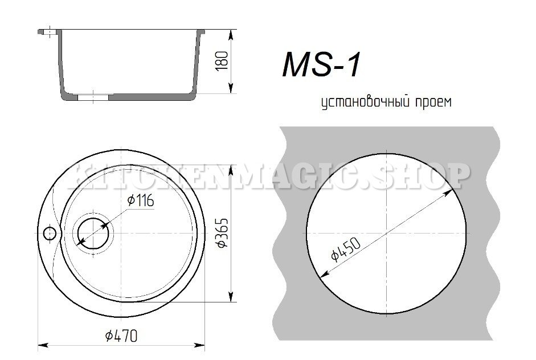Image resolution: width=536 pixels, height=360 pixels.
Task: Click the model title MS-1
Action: (x=321, y=64)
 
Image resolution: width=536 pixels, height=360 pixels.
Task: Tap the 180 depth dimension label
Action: (x=222, y=61)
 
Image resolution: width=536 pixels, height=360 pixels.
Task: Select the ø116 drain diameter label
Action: (x=141, y=201)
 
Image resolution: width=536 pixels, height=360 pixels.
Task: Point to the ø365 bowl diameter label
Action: (x=222, y=232)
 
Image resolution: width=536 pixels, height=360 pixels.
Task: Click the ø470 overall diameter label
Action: (x=121, y=336)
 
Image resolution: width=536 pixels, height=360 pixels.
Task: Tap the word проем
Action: (x=434, y=103)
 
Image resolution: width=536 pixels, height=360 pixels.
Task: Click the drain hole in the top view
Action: (x=93, y=233)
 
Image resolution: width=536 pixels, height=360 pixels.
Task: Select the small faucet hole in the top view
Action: (x=50, y=234)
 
